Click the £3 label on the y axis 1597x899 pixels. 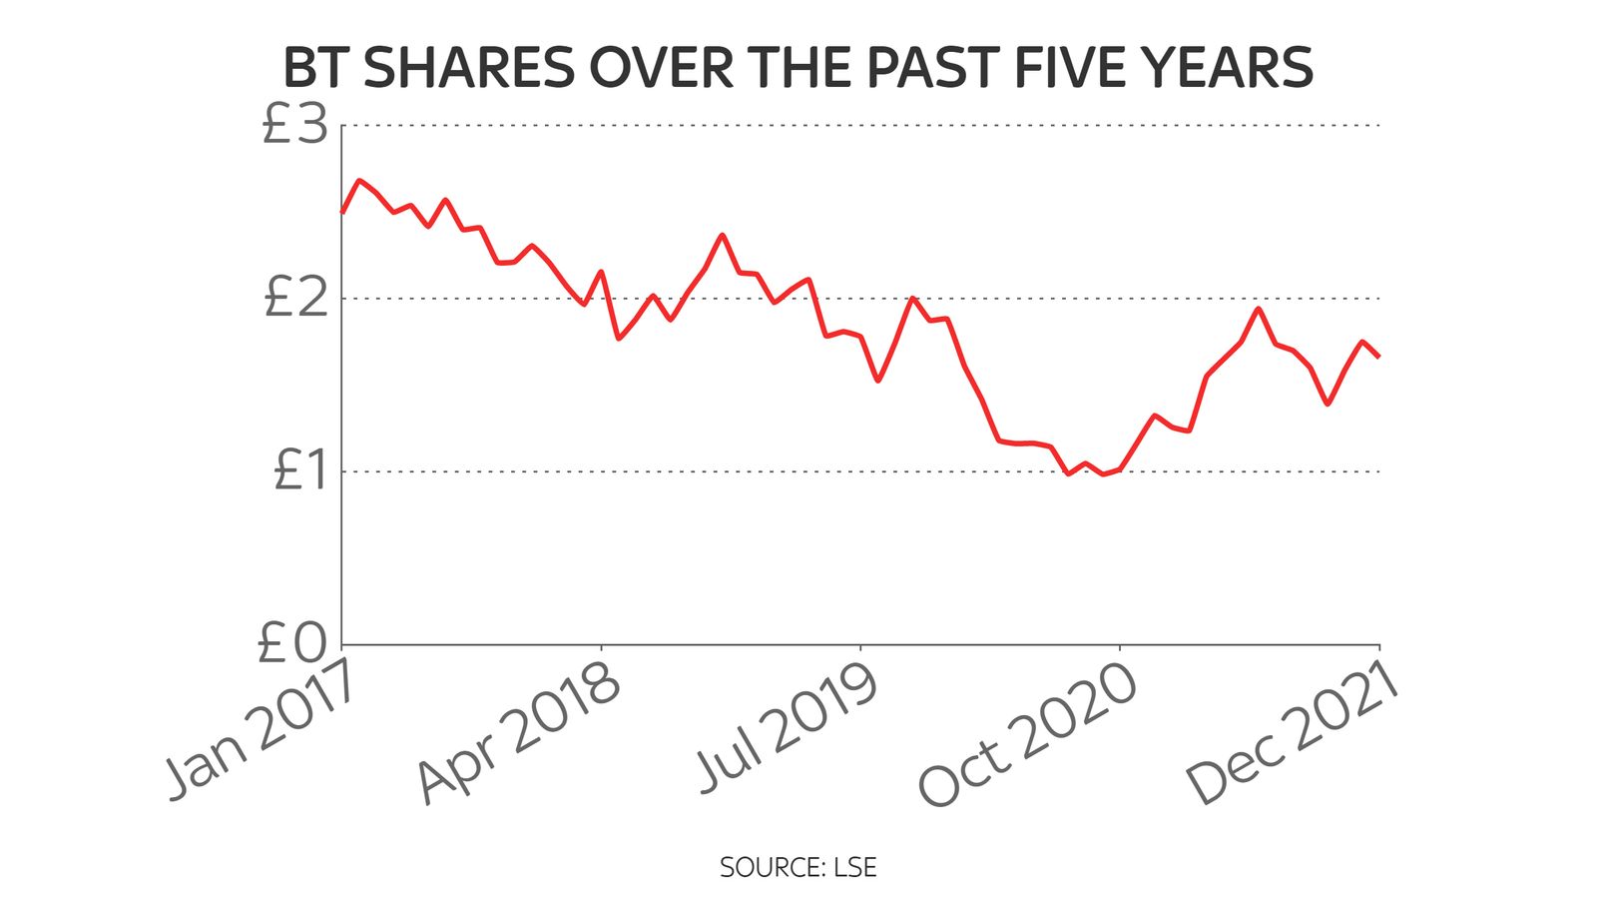click(x=295, y=127)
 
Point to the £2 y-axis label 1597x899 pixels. click(x=295, y=299)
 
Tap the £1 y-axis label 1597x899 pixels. click(x=299, y=470)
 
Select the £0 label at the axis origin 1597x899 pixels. click(x=292, y=643)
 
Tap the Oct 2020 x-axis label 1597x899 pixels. click(x=1028, y=734)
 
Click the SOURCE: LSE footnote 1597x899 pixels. click(x=798, y=867)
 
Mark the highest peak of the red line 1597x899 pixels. click(x=359, y=181)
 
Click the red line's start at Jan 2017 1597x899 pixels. click(x=342, y=212)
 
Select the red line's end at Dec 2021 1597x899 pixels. click(x=1378, y=356)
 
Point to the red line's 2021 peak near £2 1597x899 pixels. click(x=1259, y=308)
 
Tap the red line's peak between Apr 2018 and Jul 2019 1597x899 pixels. click(x=722, y=235)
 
